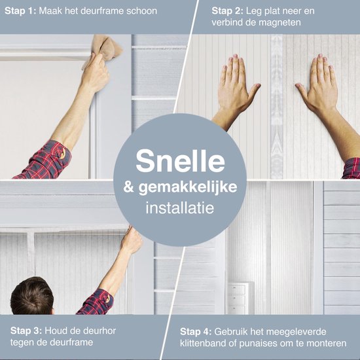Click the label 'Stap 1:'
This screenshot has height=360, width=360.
tap(20, 10)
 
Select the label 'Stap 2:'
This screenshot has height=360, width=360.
tap(227, 10)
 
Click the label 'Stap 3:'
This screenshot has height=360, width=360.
tap(26, 331)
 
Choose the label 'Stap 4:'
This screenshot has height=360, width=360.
tap(196, 332)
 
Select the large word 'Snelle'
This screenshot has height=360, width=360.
tap(180, 160)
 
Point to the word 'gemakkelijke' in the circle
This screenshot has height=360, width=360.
tap(188, 188)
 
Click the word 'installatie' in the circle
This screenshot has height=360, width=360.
tap(180, 207)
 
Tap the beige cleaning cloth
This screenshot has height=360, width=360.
tap(105, 49)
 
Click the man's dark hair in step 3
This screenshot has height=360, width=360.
tap(32, 296)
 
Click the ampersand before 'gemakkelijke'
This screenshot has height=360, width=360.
tap(129, 187)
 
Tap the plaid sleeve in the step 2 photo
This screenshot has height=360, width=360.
tap(351, 168)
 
